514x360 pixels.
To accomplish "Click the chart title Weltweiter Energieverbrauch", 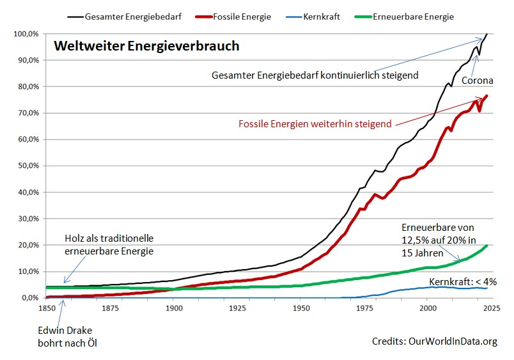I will tap(146, 46).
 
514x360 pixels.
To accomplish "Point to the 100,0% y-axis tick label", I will tap(24, 33).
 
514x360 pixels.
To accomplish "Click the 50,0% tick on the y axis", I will tap(26, 166).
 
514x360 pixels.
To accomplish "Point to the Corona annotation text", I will tap(477, 81).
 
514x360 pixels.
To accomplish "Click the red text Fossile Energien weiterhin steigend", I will tap(315, 124).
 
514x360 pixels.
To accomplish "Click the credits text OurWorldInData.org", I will tap(434, 341).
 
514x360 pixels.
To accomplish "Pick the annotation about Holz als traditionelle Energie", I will tap(109, 245).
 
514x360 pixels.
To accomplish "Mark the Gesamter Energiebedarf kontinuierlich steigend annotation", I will tap(315, 75).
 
